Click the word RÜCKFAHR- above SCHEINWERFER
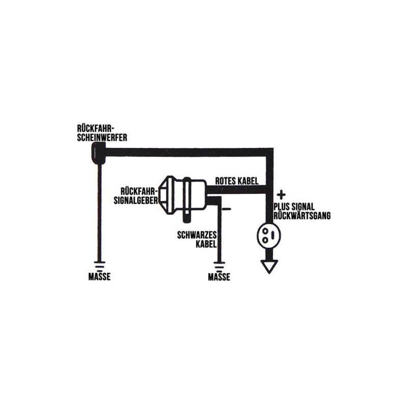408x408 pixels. pyautogui.click(x=96, y=129)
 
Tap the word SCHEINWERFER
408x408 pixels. pyautogui.click(x=102, y=137)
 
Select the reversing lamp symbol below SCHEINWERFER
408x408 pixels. pyautogui.click(x=98, y=153)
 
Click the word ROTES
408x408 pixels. pyautogui.click(x=224, y=181)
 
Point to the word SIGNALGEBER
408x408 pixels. pyautogui.click(x=136, y=200)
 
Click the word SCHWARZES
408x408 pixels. pyautogui.click(x=197, y=235)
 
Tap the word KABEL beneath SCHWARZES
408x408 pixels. pyautogui.click(x=206, y=244)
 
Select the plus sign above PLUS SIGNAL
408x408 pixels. pyautogui.click(x=281, y=195)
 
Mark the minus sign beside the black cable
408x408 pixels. pyautogui.click(x=226, y=209)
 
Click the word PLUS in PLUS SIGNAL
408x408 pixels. pyautogui.click(x=282, y=207)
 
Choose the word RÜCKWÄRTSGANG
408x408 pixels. pyautogui.click(x=302, y=216)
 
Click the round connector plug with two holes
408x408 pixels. pyautogui.click(x=269, y=235)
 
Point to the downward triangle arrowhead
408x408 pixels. pyautogui.click(x=269, y=266)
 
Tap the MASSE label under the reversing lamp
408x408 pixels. pyautogui.click(x=99, y=276)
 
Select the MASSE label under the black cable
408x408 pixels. pyautogui.click(x=219, y=276)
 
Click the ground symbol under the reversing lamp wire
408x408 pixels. pyautogui.click(x=99, y=266)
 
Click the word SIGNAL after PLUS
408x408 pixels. pyautogui.click(x=303, y=207)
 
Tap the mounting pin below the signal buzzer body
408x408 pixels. pyautogui.click(x=187, y=216)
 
